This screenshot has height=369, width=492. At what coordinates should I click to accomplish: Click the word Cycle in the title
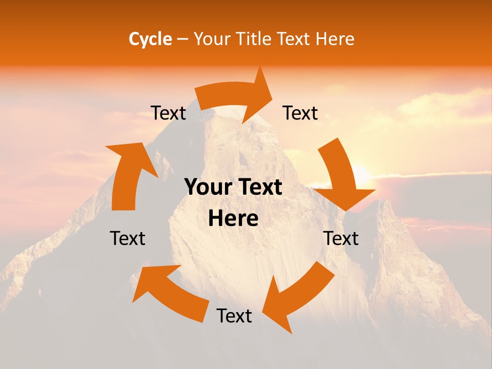pyautogui.click(x=150, y=39)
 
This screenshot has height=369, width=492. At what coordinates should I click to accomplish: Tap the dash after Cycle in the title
pyautogui.click(x=182, y=39)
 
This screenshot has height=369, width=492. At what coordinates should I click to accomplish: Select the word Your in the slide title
pyautogui.click(x=211, y=39)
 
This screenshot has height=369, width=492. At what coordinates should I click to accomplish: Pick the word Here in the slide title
pyautogui.click(x=336, y=39)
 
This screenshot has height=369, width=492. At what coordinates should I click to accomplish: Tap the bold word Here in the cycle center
pyautogui.click(x=233, y=219)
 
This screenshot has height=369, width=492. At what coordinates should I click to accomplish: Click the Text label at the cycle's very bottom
pyautogui.click(x=234, y=316)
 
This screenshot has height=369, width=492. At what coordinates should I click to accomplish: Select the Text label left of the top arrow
pyautogui.click(x=168, y=113)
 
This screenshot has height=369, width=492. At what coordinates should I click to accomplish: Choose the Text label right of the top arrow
pyautogui.click(x=300, y=113)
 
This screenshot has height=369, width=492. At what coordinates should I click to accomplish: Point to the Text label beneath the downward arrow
pyautogui.click(x=341, y=238)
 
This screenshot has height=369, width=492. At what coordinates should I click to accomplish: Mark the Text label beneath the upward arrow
pyautogui.click(x=128, y=238)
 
